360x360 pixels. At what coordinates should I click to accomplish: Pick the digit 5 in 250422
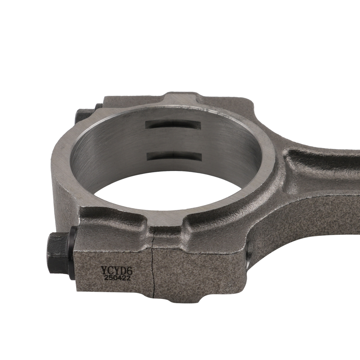(108, 278)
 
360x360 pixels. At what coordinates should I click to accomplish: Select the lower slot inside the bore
(174, 155)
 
